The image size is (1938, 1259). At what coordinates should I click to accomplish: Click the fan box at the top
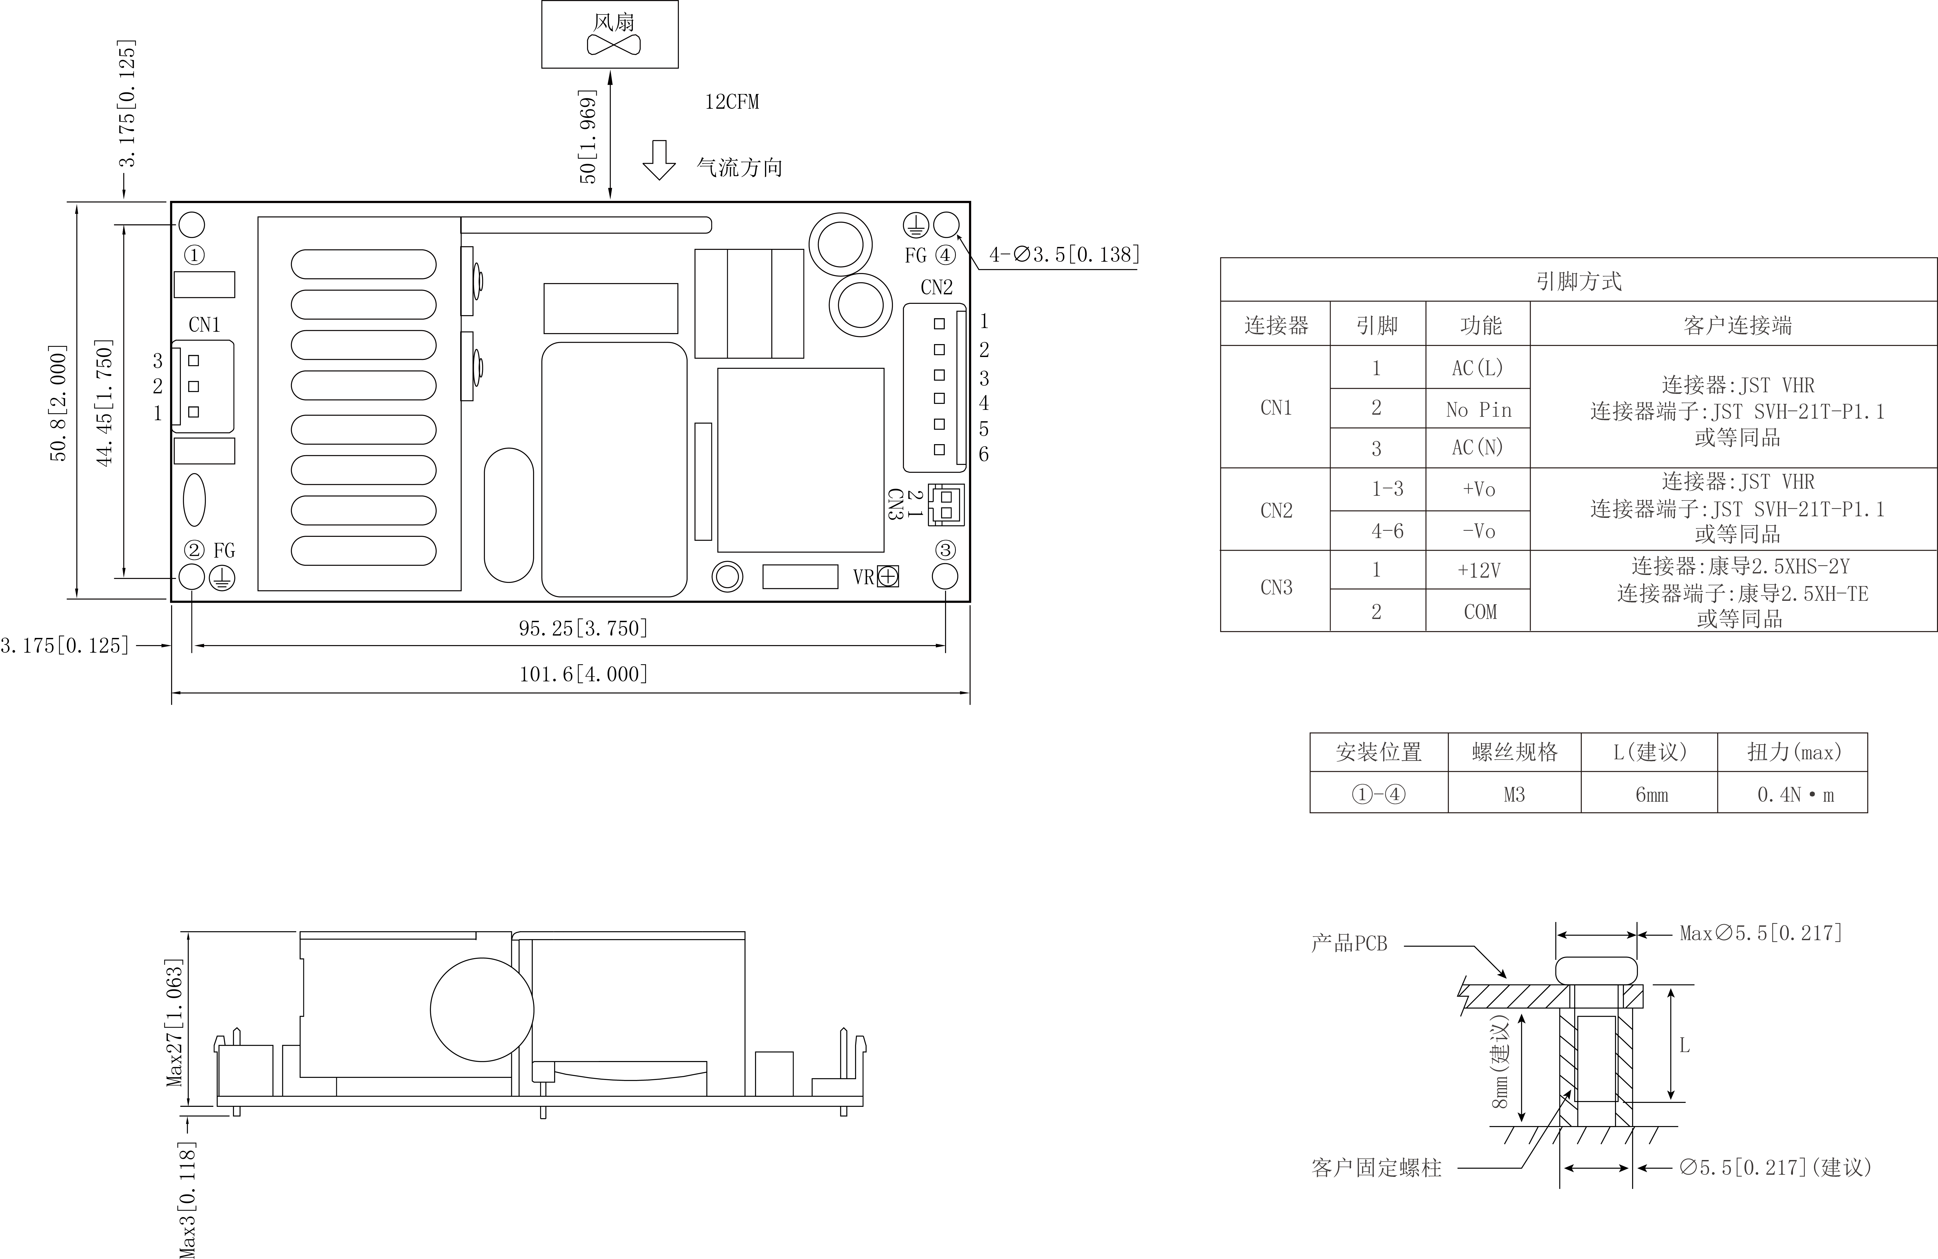(x=610, y=34)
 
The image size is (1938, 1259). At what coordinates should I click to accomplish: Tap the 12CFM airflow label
(x=731, y=102)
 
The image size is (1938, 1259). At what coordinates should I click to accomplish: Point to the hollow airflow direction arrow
(x=659, y=160)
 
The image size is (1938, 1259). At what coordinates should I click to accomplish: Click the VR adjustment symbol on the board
(x=888, y=577)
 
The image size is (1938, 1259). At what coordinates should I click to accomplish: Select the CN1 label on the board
(x=204, y=325)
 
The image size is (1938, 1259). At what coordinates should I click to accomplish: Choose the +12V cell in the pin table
(x=1479, y=570)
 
